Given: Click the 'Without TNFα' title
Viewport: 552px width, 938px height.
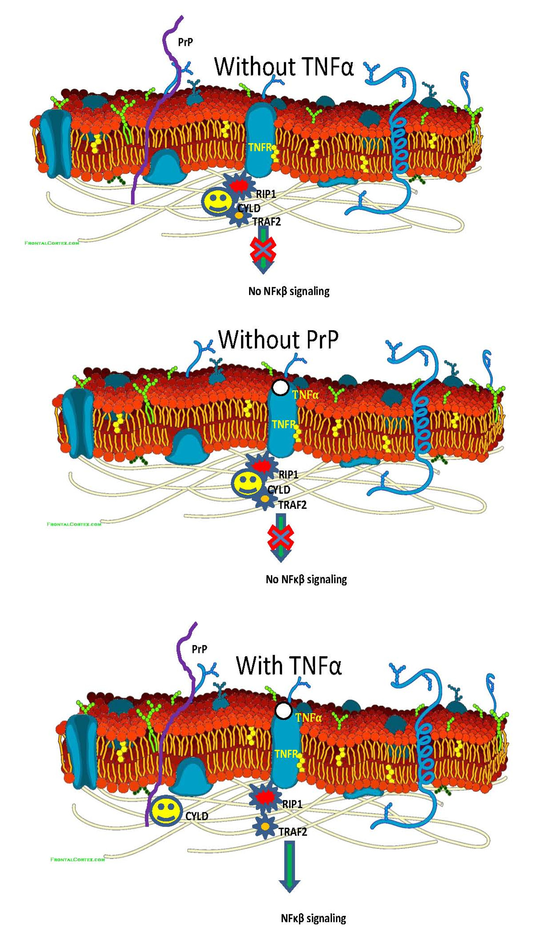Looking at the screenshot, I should [x=284, y=67].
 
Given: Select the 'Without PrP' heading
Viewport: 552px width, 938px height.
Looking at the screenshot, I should [x=278, y=339].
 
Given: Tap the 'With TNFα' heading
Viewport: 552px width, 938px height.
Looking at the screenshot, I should [x=289, y=665].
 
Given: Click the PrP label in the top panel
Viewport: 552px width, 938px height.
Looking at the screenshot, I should [x=185, y=42].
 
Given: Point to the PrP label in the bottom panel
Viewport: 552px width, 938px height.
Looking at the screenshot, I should [x=199, y=649].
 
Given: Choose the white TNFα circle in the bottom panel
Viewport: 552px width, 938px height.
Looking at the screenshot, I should [x=283, y=710].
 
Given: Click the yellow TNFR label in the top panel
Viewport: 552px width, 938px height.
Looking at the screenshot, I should [x=259, y=147].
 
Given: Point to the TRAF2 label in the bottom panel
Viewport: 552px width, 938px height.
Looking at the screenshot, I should [x=293, y=832].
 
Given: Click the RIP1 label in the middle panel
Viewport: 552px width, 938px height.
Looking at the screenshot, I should [x=288, y=475].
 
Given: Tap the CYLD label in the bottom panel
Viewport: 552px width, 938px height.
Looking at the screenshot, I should [x=196, y=816].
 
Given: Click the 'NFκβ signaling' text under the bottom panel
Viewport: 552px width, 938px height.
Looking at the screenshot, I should [x=313, y=918].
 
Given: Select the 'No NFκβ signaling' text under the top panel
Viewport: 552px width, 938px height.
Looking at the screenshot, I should [x=289, y=291].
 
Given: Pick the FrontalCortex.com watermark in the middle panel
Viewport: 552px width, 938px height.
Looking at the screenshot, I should [x=74, y=524].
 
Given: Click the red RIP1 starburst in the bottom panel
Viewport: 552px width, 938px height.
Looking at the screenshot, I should [x=266, y=797].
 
